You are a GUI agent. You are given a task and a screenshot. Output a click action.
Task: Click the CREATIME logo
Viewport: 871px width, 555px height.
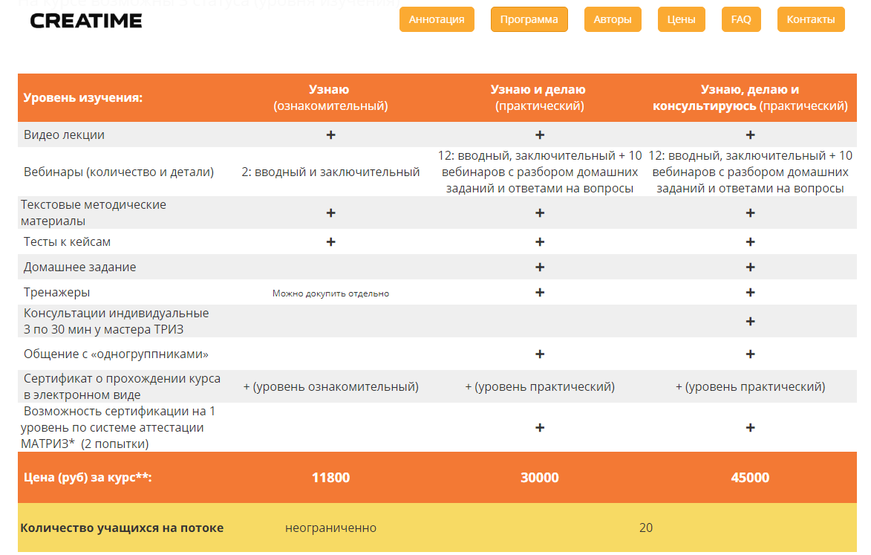(x=86, y=21)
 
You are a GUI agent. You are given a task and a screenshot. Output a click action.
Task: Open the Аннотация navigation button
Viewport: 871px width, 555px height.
(x=437, y=19)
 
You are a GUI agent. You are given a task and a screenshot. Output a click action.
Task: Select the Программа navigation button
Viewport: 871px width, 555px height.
(x=529, y=19)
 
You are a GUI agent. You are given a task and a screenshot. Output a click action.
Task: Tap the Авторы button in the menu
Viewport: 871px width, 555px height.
(x=613, y=19)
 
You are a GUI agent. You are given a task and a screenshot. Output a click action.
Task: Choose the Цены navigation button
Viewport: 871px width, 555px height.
(x=681, y=19)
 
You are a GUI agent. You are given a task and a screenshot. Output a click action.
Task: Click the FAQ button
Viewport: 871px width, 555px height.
(x=741, y=19)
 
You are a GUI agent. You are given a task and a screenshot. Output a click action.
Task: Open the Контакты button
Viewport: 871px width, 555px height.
(x=811, y=19)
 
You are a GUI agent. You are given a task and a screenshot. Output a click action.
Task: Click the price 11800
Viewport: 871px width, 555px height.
(x=330, y=478)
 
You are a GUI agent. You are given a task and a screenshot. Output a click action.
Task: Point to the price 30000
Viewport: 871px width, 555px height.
(x=540, y=478)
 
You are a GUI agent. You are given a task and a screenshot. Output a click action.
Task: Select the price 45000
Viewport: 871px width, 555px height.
(x=750, y=478)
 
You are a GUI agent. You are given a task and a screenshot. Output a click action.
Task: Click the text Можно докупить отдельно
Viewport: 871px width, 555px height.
(x=330, y=293)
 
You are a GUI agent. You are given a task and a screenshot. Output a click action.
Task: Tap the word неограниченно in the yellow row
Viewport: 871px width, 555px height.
(x=330, y=528)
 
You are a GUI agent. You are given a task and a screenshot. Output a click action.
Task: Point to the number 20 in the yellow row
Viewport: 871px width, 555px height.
(x=645, y=528)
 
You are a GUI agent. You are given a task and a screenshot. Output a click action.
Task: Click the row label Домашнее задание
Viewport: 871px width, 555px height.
(x=80, y=267)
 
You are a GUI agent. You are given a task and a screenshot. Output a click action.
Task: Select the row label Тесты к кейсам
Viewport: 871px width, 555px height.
(x=68, y=241)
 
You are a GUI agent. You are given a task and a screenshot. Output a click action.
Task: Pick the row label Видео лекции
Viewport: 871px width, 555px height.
(x=64, y=134)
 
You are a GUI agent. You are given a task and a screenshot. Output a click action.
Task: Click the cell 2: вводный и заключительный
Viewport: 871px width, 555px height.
(x=330, y=172)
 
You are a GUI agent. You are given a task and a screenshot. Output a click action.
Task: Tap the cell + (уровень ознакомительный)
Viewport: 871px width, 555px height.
(x=330, y=386)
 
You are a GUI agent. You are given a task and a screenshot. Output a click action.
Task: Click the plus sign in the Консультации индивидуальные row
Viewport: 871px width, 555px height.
(x=750, y=321)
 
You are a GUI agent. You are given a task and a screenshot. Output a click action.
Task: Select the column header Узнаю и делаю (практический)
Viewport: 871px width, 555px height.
(x=539, y=97)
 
